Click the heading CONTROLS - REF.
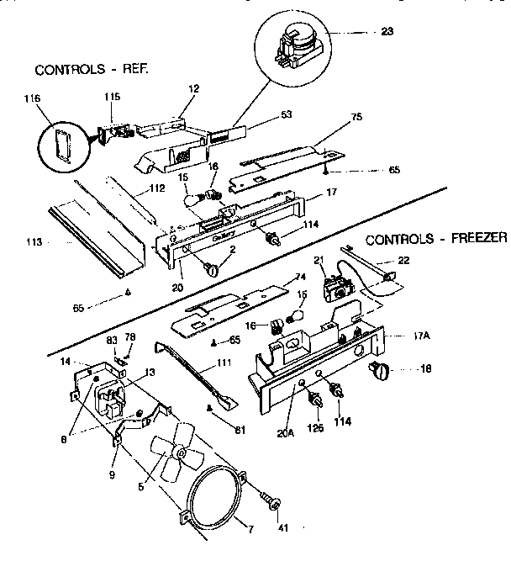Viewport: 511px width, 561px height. (91, 68)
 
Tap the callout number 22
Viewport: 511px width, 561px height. (403, 261)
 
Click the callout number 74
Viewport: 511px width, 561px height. (295, 278)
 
